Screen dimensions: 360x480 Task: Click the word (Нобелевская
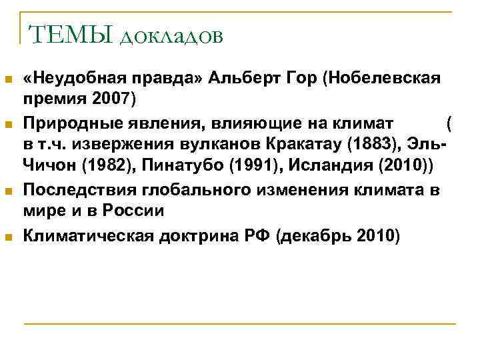pyautogui.click(x=381, y=81)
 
